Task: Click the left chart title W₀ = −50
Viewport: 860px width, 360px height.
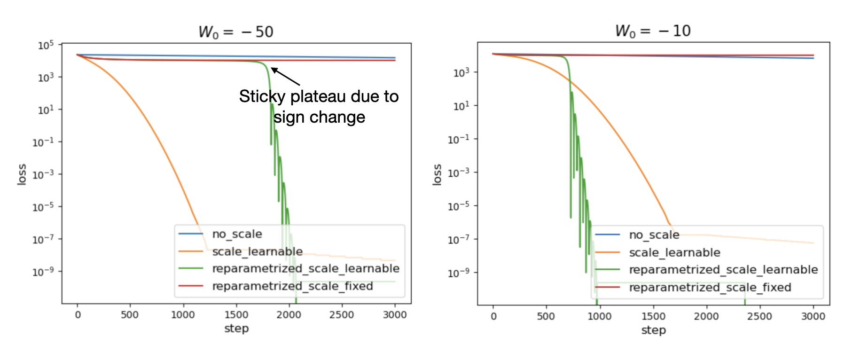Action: click(236, 31)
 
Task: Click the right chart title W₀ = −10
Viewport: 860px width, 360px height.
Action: click(653, 31)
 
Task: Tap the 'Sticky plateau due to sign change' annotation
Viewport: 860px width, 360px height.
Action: click(319, 106)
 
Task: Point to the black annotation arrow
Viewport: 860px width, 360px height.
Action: click(285, 77)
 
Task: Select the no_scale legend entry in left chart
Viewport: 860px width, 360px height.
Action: click(237, 234)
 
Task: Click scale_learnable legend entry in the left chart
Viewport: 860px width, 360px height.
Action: click(257, 251)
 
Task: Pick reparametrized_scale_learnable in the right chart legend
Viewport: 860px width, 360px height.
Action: click(723, 270)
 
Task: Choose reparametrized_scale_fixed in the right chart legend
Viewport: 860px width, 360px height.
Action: click(710, 287)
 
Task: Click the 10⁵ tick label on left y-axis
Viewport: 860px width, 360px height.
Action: click(46, 45)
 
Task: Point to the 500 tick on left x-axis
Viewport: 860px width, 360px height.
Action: click(130, 315)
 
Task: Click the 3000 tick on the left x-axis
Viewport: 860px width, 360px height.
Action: click(395, 315)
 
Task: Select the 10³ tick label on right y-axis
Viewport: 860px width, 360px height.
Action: click(461, 73)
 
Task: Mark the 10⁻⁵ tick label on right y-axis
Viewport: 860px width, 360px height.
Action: click(458, 206)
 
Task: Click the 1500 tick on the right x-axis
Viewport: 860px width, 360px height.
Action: click(653, 316)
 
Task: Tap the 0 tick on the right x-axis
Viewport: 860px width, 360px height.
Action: click(493, 316)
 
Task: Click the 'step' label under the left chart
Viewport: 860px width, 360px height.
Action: click(236, 328)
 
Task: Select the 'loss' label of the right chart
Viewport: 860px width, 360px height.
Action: click(437, 175)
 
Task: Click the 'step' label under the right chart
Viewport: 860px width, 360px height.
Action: click(653, 329)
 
